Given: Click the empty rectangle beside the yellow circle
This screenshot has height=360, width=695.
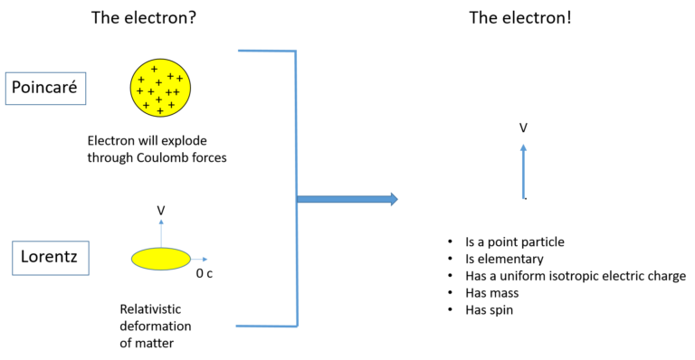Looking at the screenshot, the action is (45, 89).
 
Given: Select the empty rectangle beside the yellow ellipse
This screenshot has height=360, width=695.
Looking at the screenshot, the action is (51, 258).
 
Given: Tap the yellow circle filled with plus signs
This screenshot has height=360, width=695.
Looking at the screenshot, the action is (160, 88).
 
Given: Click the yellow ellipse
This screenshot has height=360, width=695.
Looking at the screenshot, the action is (161, 259).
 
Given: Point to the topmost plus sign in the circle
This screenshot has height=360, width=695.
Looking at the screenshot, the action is (154, 69).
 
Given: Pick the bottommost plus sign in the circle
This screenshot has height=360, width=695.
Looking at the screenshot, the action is (160, 110).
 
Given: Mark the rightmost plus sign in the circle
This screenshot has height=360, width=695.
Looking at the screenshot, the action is (179, 79).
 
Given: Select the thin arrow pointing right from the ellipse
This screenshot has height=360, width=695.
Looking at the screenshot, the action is (199, 260).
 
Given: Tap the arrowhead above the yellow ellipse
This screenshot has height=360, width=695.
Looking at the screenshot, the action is (161, 220).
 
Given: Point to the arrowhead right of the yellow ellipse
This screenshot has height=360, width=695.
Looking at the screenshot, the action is (205, 260).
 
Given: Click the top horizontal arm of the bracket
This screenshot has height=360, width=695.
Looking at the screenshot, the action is (266, 51).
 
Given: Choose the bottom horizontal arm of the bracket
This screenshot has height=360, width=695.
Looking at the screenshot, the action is (266, 326).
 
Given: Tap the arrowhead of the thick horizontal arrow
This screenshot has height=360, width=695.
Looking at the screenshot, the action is (394, 199).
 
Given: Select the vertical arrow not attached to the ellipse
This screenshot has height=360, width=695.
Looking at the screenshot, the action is (523, 172).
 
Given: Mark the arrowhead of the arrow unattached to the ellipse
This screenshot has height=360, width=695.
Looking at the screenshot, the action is (523, 147).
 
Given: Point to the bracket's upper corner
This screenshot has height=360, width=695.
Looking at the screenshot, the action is (296, 52).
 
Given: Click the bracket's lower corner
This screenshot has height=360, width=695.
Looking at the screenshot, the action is (297, 326).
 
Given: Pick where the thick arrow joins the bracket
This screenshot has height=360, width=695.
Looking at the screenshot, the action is (298, 199).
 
